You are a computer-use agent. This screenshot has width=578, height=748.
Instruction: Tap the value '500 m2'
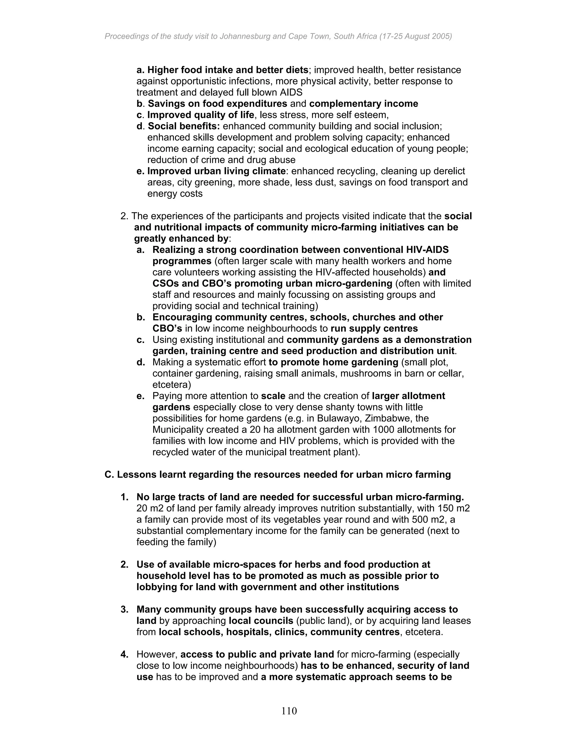(432, 520)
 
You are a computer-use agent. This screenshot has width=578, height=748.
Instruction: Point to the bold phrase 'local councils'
(261, 621)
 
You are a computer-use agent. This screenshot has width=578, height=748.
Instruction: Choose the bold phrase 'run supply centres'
(374, 329)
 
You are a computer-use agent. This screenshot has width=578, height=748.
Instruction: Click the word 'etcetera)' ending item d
(172, 385)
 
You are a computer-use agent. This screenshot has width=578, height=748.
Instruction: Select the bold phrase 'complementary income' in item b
(363, 104)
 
